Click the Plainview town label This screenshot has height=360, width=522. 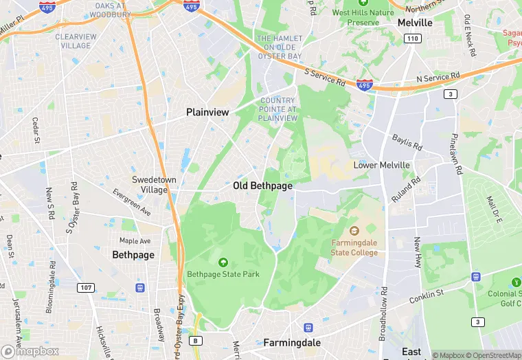click(207, 112)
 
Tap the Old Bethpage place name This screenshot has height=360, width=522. click(262, 185)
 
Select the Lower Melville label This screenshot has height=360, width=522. click(381, 165)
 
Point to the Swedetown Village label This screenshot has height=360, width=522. click(139, 185)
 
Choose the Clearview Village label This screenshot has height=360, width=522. click(76, 41)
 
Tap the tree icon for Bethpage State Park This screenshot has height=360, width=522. click(223, 261)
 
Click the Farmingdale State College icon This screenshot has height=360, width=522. click(354, 230)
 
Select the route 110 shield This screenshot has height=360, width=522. click(412, 38)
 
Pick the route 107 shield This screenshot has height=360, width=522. click(85, 287)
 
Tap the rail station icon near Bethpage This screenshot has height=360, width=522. click(140, 287)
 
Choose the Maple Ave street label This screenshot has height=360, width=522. click(135, 241)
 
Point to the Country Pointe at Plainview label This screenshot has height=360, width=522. click(278, 109)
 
